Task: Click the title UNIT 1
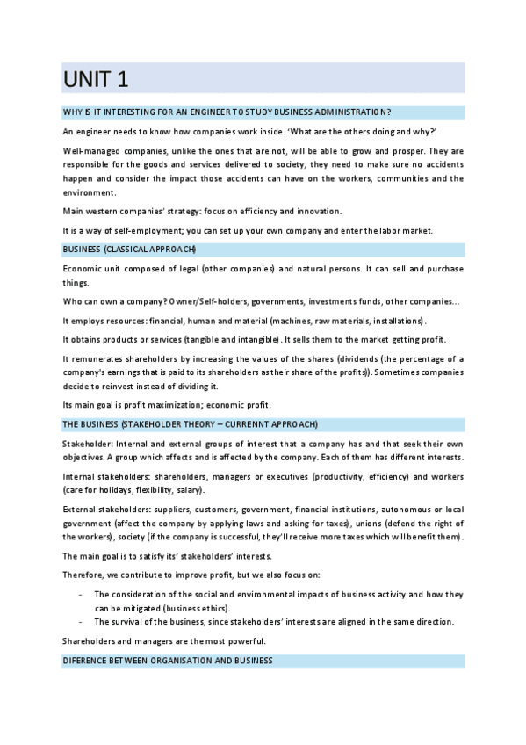click(96, 79)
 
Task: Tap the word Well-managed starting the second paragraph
click(91, 152)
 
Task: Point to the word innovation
click(318, 212)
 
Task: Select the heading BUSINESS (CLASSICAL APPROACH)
click(129, 250)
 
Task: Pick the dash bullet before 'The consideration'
click(81, 595)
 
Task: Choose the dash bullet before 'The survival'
click(81, 623)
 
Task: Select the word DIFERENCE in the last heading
click(87, 660)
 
